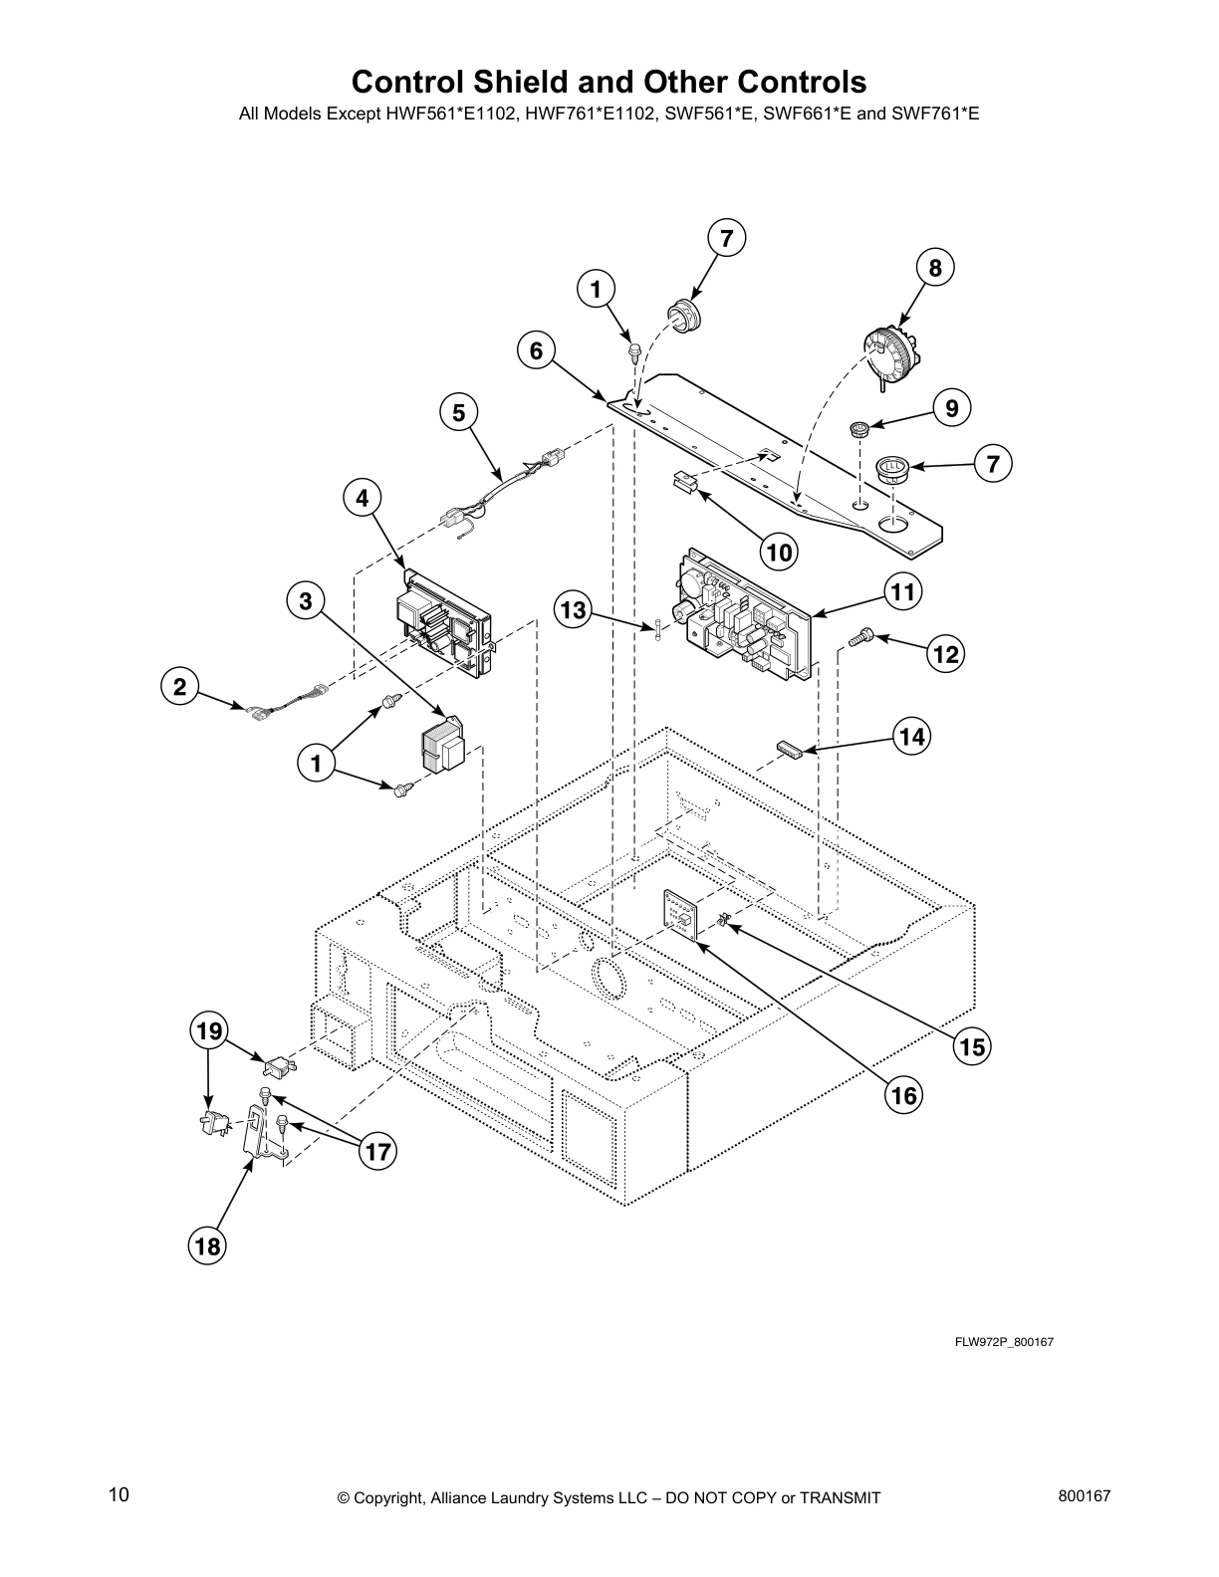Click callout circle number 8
pos(934,267)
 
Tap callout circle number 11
pos(902,592)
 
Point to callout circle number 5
pos(458,412)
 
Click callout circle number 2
pos(179,686)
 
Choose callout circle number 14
pos(910,736)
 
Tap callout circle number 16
pos(903,1095)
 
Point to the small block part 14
pos(792,749)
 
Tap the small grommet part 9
pos(859,430)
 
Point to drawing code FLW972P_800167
pos(1004,1342)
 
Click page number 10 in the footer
pos(119,1494)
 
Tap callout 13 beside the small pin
pos(573,608)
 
